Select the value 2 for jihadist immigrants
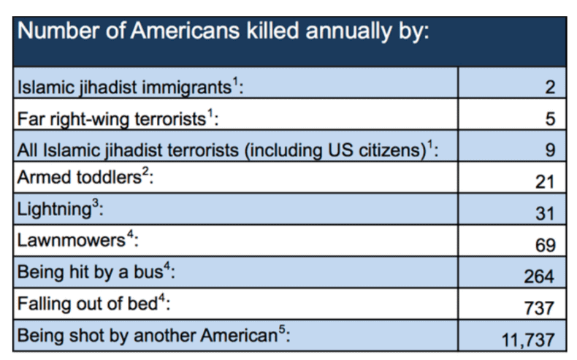coord(550,87)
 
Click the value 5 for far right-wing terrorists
coord(550,119)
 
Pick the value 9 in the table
coord(550,150)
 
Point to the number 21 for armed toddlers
coord(544,182)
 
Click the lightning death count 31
coord(545,213)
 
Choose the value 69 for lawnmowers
coord(545,245)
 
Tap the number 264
coord(539,277)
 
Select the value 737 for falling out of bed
coord(539,308)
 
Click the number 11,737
coord(528,340)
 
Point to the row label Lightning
coord(54,210)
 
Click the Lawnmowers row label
coord(72,240)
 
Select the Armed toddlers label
coord(79,177)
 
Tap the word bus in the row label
coord(148,272)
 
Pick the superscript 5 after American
coord(281,329)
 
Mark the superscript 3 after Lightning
coord(95,202)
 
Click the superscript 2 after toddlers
coord(145,171)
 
